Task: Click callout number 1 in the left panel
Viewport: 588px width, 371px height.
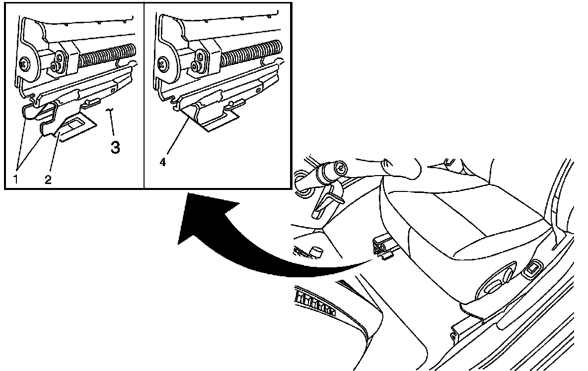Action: click(x=15, y=180)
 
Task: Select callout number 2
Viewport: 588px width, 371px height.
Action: click(x=48, y=180)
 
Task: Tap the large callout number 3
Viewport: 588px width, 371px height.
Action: click(x=116, y=147)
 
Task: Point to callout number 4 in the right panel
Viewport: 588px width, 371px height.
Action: click(x=162, y=163)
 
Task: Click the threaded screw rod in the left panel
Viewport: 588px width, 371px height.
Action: click(x=107, y=55)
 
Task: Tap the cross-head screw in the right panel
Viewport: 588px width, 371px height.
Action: click(x=162, y=63)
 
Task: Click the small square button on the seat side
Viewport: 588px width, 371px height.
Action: click(x=531, y=269)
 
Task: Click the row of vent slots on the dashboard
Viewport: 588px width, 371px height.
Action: click(x=315, y=302)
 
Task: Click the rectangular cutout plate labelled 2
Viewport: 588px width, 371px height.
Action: click(x=75, y=128)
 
